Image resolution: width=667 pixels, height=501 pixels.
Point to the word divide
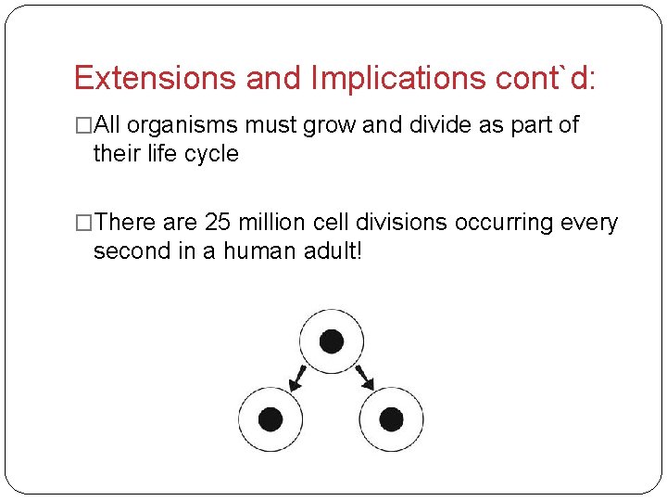click(x=437, y=126)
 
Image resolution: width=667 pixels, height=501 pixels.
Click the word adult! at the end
click(x=333, y=251)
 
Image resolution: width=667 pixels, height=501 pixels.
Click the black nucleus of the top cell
click(x=331, y=340)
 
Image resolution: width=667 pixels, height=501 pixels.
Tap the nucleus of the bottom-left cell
click(x=271, y=418)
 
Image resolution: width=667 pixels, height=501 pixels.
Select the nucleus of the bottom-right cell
click(x=391, y=418)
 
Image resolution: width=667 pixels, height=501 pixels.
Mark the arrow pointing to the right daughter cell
click(x=365, y=378)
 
